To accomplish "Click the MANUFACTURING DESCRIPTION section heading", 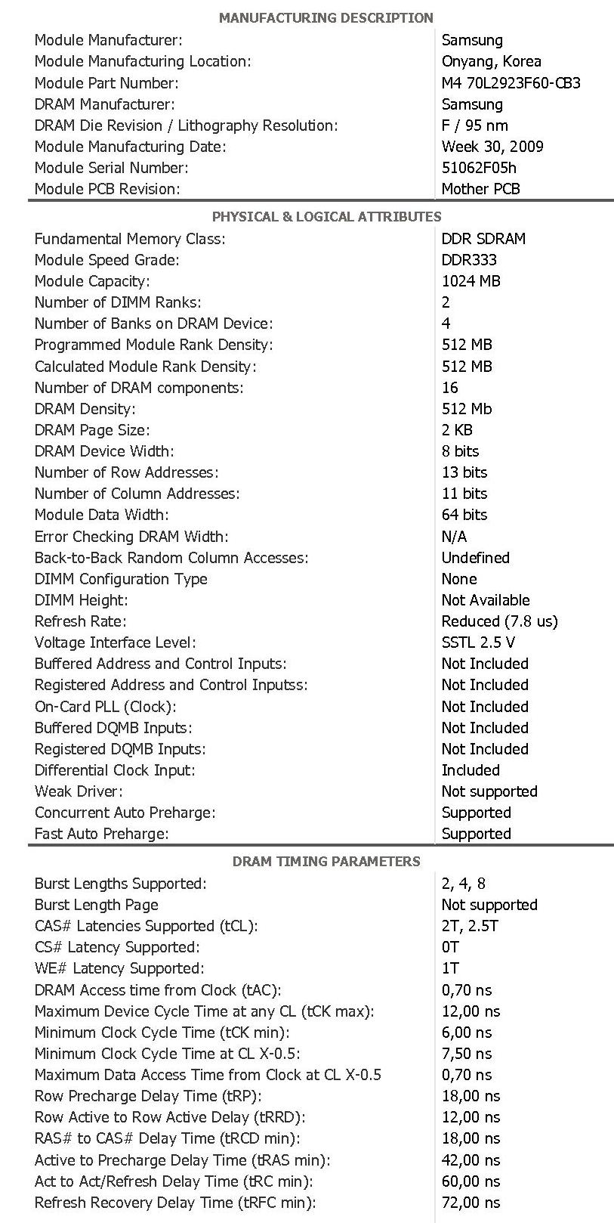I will point(326,17).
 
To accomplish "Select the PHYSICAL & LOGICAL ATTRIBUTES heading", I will point(326,217).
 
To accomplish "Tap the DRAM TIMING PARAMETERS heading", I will point(326,861).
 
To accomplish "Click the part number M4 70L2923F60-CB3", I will point(511,83).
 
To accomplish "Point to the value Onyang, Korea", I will point(491,61).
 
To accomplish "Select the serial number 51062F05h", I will point(479,168).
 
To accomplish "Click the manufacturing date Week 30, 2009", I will point(492,147).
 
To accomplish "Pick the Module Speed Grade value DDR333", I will point(469,260).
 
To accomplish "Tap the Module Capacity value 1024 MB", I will point(471,281).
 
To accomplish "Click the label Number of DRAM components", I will point(139,388).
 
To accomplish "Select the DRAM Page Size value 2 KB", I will point(456,430).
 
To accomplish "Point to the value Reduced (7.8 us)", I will point(499,621).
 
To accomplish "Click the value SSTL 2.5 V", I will point(478,642).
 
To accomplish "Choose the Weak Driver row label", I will point(79,791).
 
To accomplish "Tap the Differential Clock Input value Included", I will point(471,770).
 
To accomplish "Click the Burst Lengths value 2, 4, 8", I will point(464,884).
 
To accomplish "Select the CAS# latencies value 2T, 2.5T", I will point(470,926).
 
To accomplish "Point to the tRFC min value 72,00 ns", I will point(471,1203).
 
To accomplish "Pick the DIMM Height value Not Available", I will point(486,600).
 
